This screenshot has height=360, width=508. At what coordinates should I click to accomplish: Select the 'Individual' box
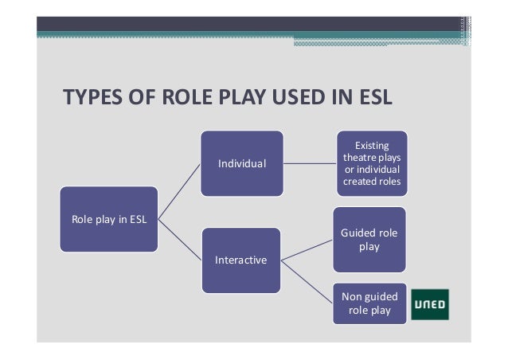coord(242,163)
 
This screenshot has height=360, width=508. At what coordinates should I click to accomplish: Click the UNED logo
coord(430,304)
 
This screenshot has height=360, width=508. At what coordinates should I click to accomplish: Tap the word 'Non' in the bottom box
coord(351,296)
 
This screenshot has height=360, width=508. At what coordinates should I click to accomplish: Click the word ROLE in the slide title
coord(186,98)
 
